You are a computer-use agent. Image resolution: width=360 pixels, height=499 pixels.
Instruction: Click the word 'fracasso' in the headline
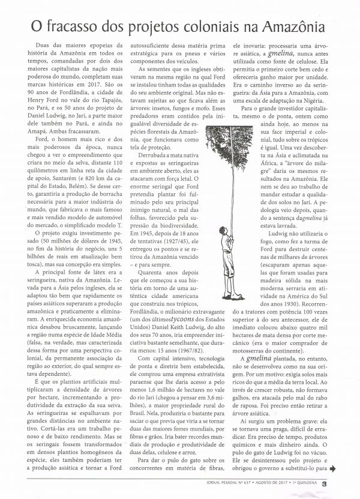click(79, 27)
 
